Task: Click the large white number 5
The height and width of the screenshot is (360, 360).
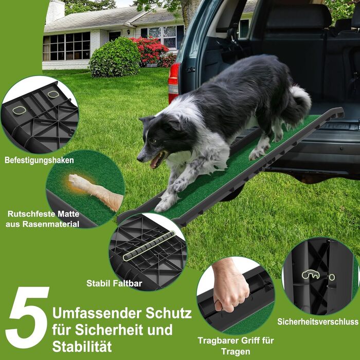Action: (28, 317)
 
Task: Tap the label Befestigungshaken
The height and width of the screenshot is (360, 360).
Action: (39, 160)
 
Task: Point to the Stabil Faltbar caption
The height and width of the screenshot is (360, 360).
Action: (114, 283)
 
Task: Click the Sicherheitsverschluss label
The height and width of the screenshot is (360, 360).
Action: (318, 321)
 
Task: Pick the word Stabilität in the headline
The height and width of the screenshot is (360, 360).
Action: (82, 347)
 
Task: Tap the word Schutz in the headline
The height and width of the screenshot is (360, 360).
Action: (169, 313)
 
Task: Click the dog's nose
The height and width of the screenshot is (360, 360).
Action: (139, 158)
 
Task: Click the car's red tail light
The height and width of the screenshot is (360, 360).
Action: (174, 83)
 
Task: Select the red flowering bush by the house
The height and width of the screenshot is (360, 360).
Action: (151, 51)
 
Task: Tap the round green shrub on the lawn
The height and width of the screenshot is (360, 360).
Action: (114, 58)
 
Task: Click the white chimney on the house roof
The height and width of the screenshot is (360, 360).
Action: (55, 11)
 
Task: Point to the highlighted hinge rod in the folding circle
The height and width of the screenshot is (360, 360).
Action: (149, 246)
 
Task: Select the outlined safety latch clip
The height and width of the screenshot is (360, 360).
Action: (311, 274)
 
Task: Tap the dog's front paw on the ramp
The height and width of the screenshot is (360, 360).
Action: (166, 203)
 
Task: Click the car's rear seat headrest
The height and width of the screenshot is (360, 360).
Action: (298, 16)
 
